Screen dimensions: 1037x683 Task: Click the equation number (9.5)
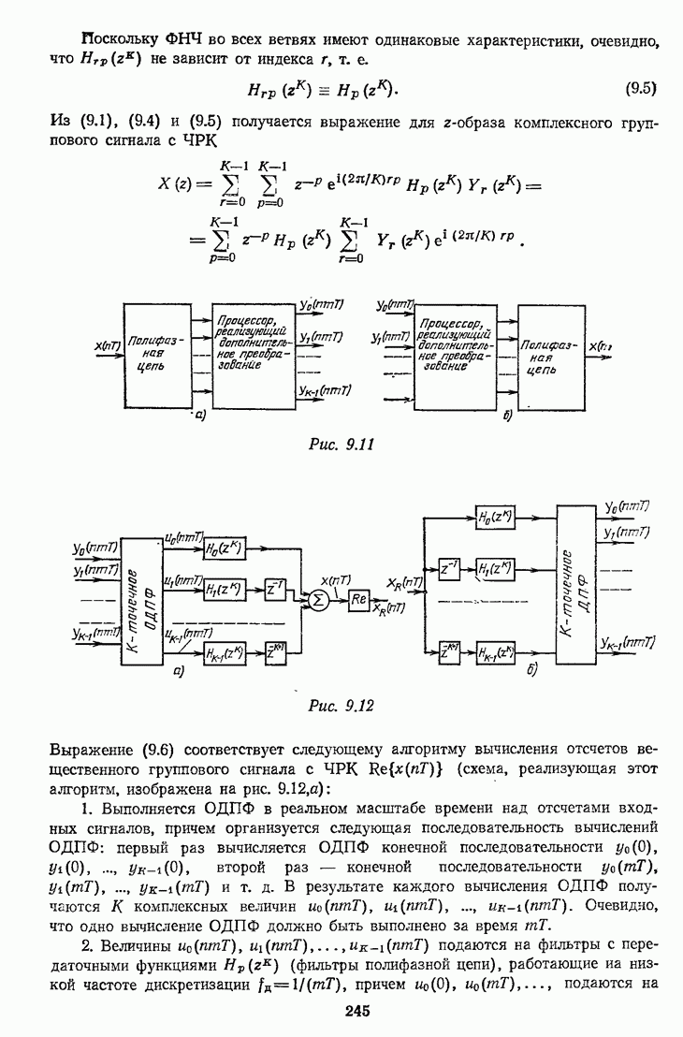[x=640, y=90]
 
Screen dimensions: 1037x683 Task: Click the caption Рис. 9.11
[x=341, y=445]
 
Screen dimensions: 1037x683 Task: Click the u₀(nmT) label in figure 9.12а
[x=182, y=538]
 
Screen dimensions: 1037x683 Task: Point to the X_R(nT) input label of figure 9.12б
[x=404, y=582]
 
